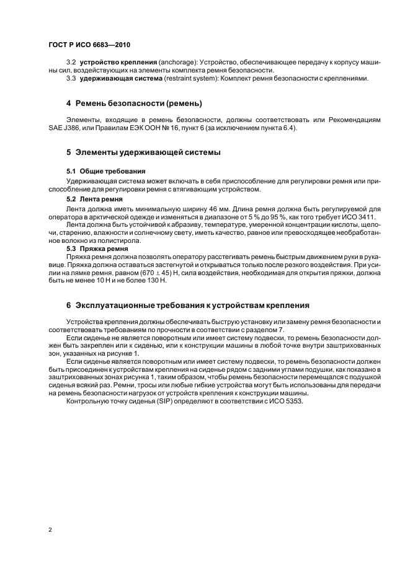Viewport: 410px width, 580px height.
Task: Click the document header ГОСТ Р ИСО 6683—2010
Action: [89, 45]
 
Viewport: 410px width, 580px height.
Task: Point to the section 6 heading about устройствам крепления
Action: [183, 305]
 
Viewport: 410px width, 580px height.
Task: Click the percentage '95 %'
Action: [272, 217]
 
